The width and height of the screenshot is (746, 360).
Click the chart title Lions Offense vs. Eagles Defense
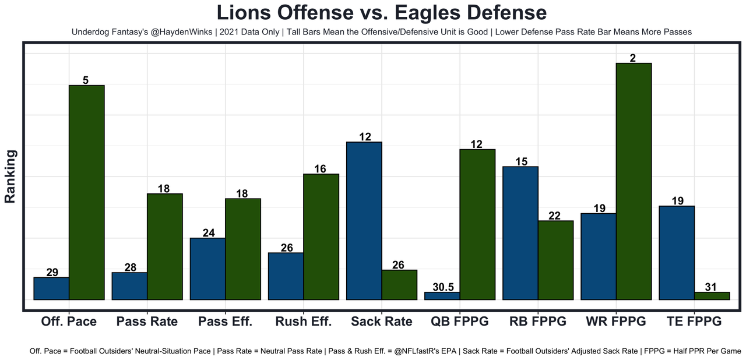(381, 13)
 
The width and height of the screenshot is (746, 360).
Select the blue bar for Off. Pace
(51, 288)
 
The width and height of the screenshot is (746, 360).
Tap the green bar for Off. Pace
(86, 192)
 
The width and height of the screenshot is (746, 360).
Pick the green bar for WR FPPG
(634, 181)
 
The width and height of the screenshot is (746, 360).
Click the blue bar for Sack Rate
(364, 221)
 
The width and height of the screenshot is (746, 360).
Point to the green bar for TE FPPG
(712, 296)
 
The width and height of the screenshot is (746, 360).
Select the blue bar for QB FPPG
(442, 296)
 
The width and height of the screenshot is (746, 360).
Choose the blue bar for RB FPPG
(520, 233)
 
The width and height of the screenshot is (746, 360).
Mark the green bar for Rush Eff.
(321, 237)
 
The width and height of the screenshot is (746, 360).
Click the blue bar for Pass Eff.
(207, 269)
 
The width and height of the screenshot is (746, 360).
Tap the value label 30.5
(442, 287)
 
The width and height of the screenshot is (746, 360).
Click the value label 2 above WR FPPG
(633, 58)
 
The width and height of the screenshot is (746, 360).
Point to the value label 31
(712, 287)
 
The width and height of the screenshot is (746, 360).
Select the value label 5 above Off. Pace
(86, 80)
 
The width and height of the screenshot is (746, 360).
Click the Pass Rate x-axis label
(147, 322)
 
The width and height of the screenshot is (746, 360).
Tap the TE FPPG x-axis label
(694, 322)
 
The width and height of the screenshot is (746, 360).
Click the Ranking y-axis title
(10, 177)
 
